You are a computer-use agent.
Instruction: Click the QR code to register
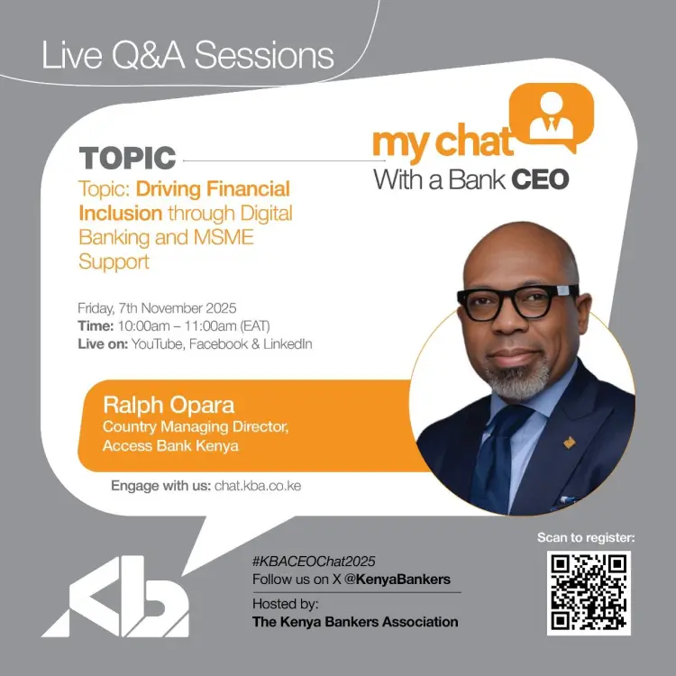pos(589,591)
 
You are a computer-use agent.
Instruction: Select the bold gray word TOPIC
pos(127,158)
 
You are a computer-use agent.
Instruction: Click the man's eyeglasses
pos(518,302)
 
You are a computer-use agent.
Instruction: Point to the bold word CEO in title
pos(540,179)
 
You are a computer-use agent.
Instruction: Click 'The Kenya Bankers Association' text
pos(355,622)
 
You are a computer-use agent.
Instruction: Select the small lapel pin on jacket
pos(570,443)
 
